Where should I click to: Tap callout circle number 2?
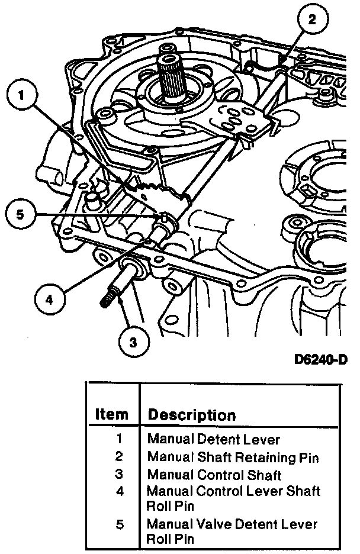click(311, 20)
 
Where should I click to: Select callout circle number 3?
click(133, 341)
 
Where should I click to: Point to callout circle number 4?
click(49, 299)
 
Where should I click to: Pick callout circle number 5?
click(21, 214)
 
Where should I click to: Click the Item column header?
click(111, 415)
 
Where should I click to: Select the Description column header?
click(191, 415)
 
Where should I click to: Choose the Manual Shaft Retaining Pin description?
click(233, 457)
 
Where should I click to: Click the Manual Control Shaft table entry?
click(214, 475)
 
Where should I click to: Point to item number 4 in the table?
click(120, 491)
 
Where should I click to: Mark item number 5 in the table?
click(120, 524)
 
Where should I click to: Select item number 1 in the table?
click(120, 439)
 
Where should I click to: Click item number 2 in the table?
click(120, 457)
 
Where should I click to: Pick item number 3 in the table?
click(120, 475)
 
